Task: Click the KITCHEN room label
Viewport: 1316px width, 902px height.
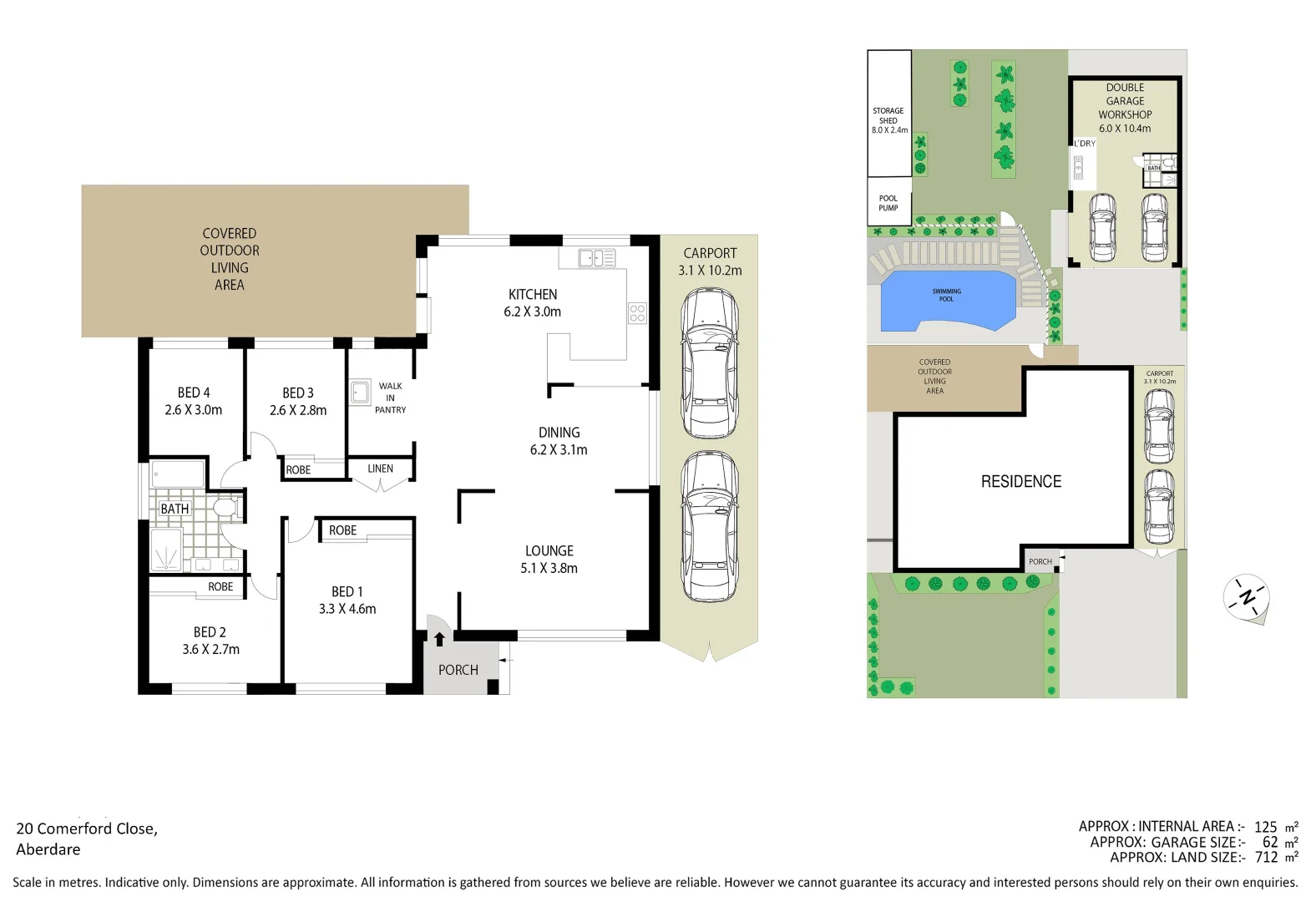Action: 533,295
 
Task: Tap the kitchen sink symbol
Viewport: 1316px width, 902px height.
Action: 596,258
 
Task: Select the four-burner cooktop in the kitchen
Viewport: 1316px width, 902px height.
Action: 637,313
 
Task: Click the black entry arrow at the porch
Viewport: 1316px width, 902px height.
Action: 439,639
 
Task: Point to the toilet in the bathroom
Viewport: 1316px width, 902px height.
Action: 225,508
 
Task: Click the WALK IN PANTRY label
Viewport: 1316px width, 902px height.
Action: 390,398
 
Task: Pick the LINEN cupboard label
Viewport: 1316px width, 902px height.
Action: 380,469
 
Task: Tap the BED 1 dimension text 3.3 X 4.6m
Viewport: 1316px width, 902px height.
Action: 347,609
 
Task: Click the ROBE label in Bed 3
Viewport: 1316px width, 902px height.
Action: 298,470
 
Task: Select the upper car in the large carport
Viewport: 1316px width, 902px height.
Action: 710,363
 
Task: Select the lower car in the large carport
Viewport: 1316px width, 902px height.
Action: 710,526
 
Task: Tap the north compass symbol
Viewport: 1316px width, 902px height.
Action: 1247,597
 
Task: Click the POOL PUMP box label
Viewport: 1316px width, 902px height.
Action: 888,203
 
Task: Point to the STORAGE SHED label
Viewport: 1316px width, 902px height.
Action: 888,120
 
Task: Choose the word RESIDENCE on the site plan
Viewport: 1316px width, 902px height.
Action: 1020,482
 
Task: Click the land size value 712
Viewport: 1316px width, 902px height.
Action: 1266,857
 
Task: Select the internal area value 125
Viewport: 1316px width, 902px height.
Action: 1265,827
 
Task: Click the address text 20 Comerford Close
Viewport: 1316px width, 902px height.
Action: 87,829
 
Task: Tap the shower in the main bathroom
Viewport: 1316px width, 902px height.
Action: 167,549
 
